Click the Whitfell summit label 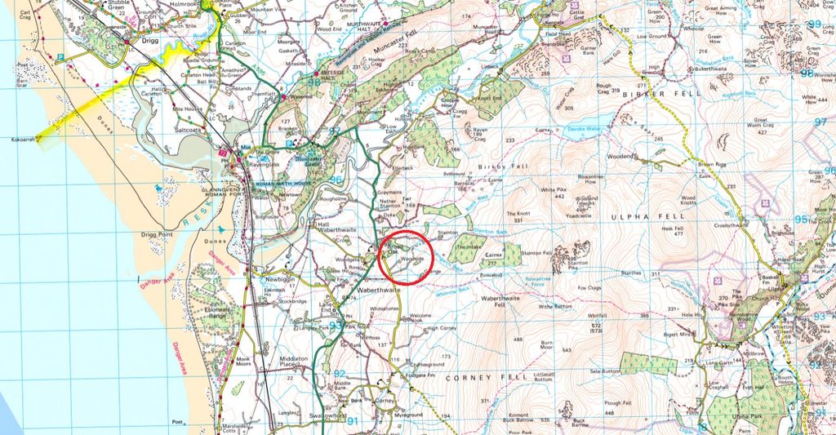[596, 316]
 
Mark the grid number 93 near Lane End [336, 326]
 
